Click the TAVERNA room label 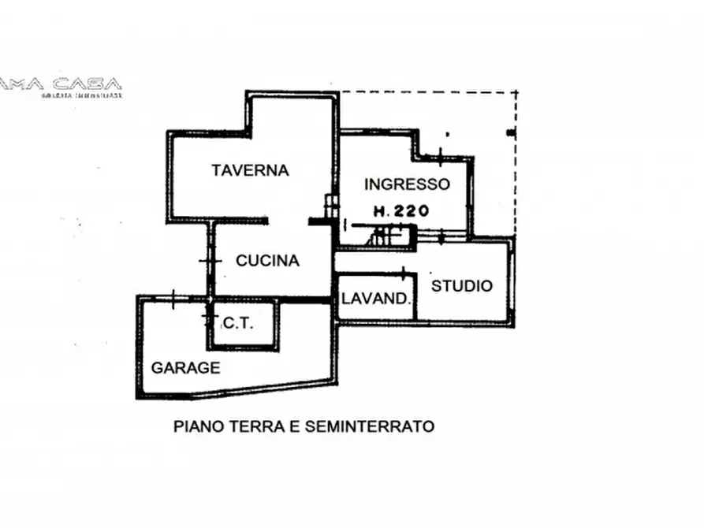tap(251, 169)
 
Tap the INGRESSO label tap(407, 184)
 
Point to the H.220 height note tap(401, 210)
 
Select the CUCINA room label tap(267, 261)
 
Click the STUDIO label tap(461, 285)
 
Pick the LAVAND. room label tap(376, 299)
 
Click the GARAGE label tap(186, 367)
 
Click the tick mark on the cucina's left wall tap(208, 261)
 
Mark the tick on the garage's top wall tap(173, 297)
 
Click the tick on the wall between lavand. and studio tap(404, 274)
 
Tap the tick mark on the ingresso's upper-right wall tap(440, 151)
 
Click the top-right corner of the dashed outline tap(516, 92)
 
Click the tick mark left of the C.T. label tap(208, 318)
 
